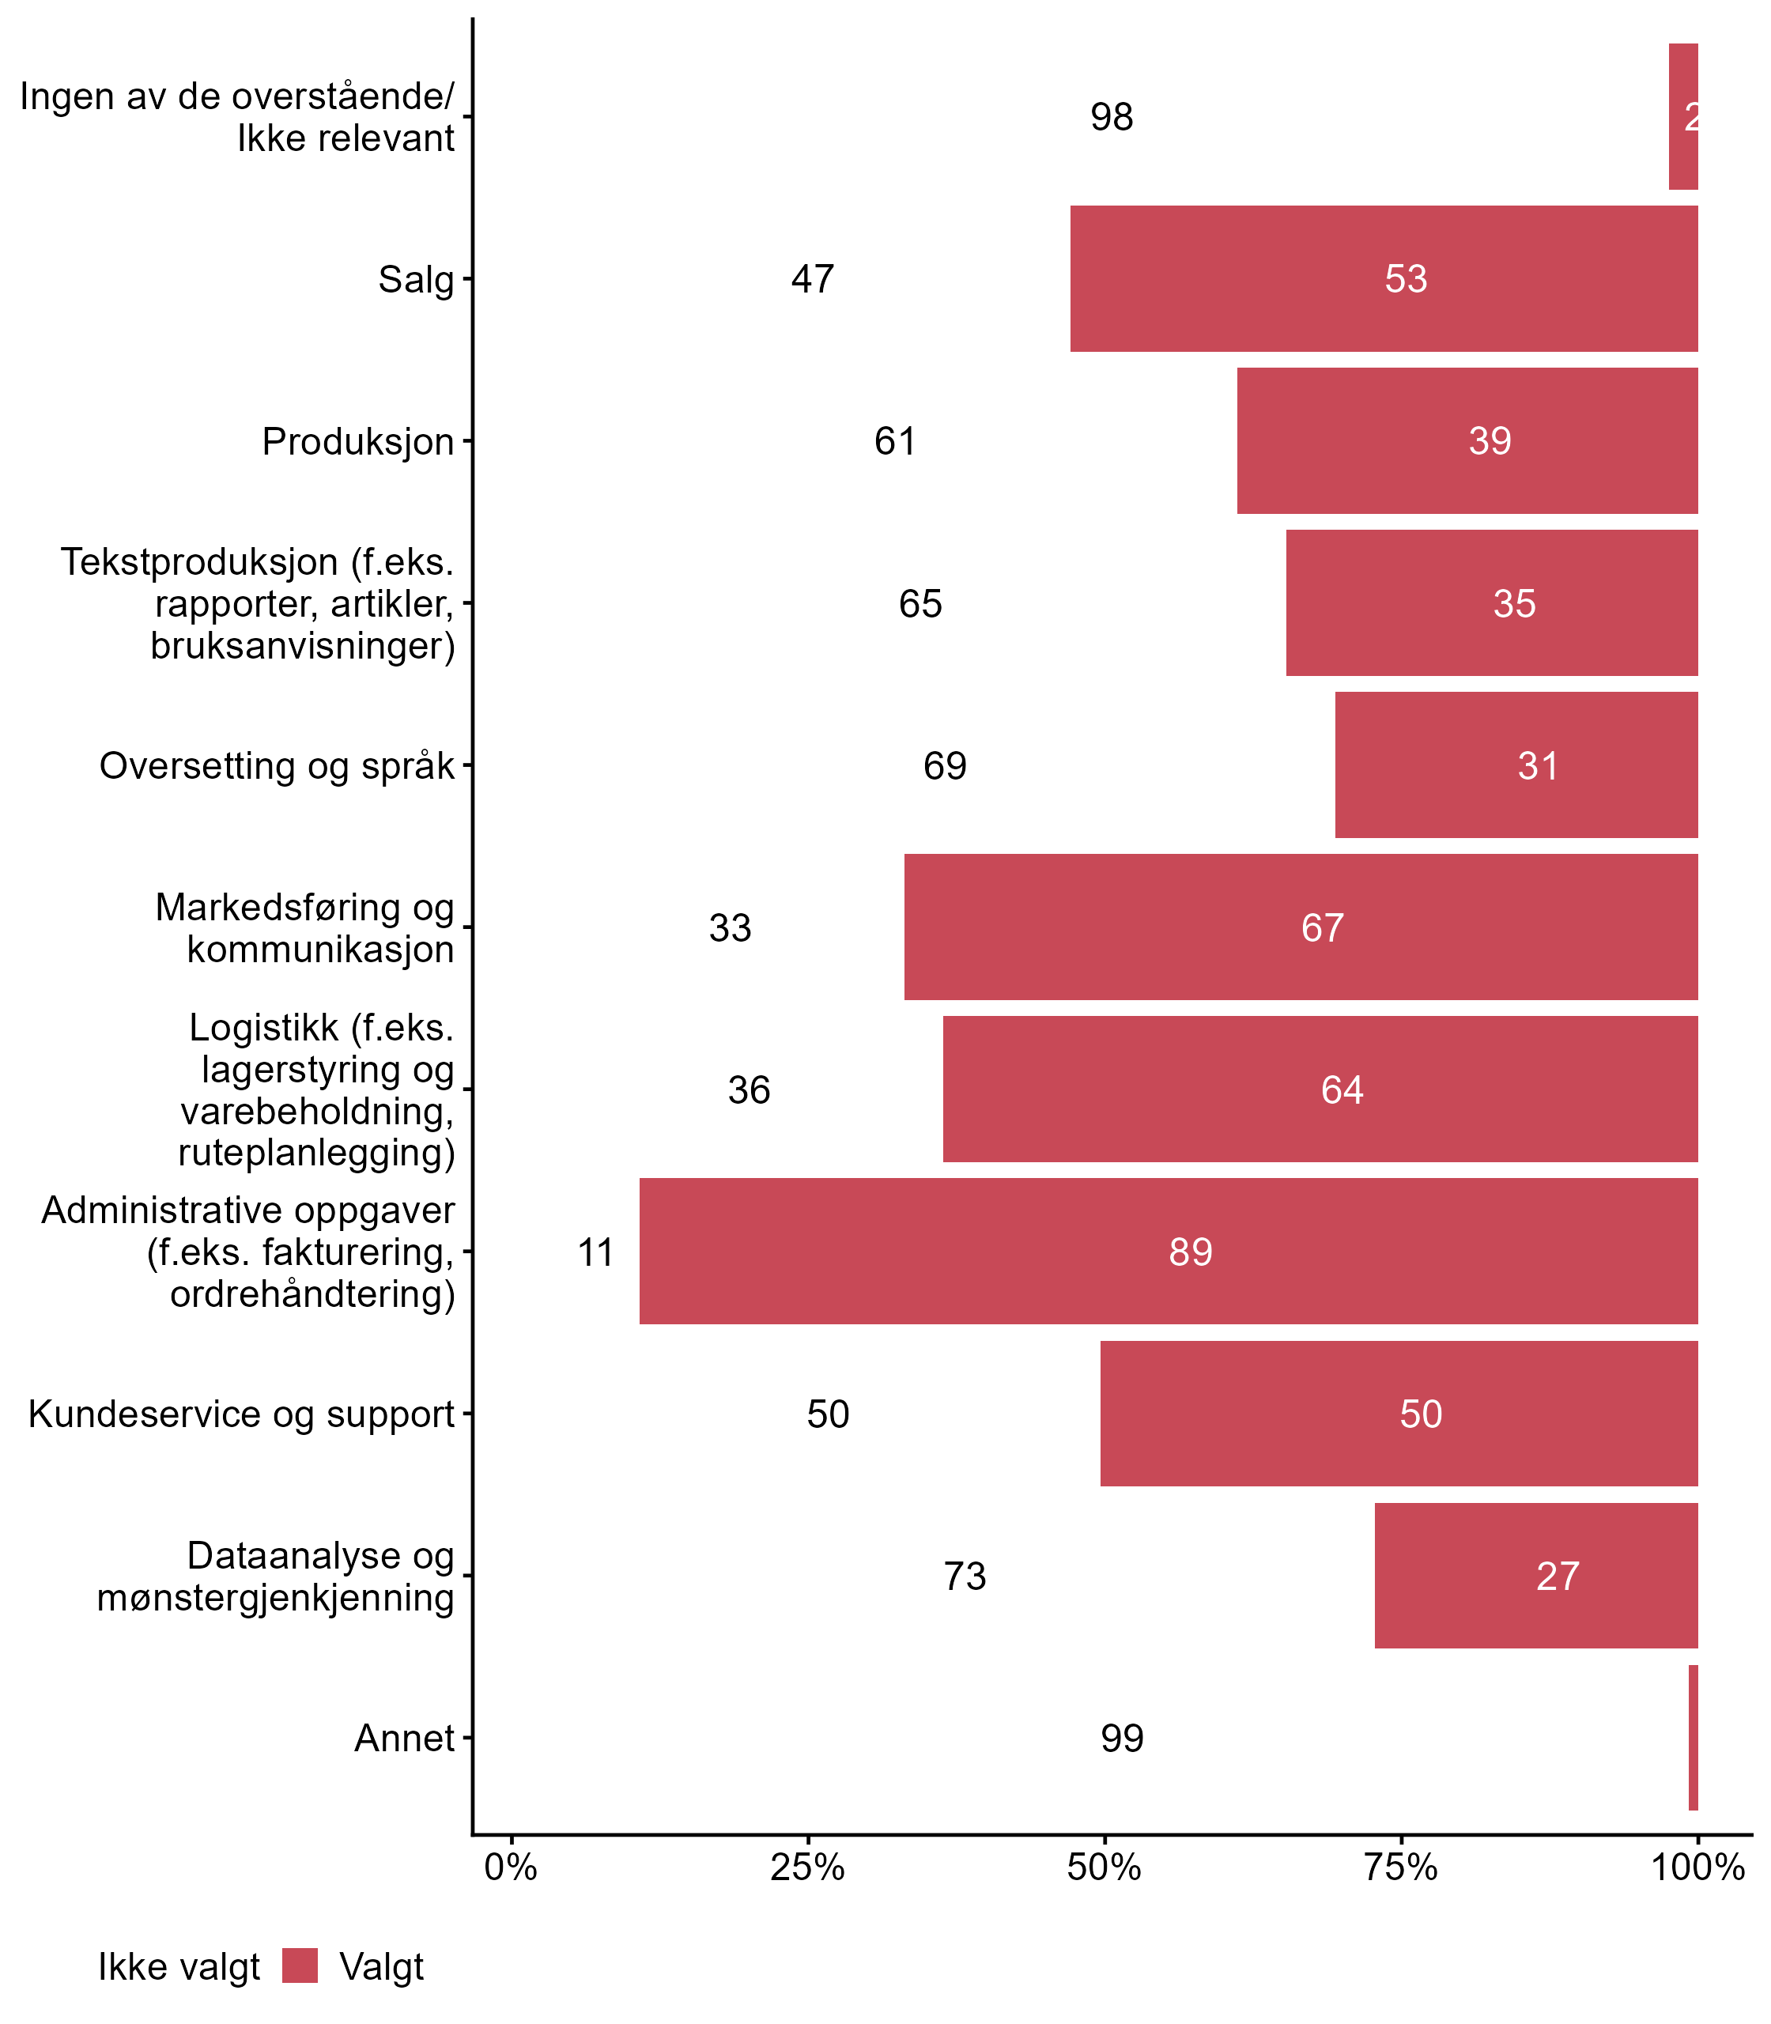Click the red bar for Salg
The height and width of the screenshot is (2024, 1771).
point(1384,278)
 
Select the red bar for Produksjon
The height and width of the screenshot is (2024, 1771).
point(1467,441)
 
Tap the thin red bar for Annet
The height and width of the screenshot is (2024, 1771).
point(1693,1738)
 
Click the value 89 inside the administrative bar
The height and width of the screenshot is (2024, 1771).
point(1190,1252)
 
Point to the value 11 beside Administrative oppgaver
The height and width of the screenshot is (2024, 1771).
point(596,1252)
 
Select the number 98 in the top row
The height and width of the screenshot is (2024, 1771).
point(1111,118)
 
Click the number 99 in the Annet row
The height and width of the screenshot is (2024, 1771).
point(1122,1739)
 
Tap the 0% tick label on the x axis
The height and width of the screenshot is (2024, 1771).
point(511,1867)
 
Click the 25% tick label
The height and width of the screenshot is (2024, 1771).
point(807,1867)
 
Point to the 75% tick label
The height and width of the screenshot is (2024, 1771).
point(1400,1867)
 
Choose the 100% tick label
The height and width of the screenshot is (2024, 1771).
point(1697,1867)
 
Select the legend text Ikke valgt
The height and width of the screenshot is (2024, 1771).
point(179,1967)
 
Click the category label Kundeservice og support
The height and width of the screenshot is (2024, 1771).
point(241,1414)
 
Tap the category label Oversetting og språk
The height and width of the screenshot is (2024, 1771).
point(277,766)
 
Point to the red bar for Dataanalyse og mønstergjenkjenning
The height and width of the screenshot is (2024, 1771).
point(1535,1575)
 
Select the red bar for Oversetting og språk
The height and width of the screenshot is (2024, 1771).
point(1516,765)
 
